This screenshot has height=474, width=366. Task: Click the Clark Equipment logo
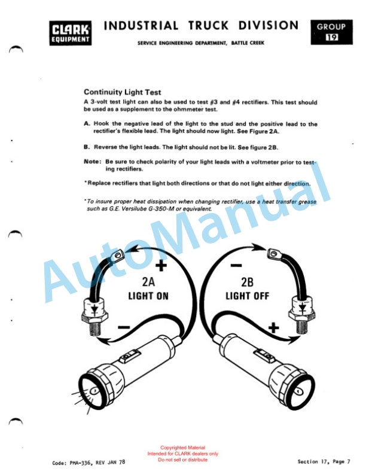(71, 33)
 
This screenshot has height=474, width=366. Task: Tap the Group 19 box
(331, 32)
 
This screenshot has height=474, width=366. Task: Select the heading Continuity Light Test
(123, 92)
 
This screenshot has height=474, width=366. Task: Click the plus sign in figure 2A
(161, 266)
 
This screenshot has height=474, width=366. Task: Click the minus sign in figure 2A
(124, 327)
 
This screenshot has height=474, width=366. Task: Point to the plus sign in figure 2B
(273, 328)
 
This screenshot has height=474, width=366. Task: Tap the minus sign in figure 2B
(236, 266)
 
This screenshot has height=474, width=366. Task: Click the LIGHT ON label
(148, 296)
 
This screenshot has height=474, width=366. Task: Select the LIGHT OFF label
(248, 296)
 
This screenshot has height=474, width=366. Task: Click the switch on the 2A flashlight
(130, 357)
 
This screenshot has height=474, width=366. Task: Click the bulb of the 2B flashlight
(298, 392)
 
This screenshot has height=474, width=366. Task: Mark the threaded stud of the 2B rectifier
(301, 327)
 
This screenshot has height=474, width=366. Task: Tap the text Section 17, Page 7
(324, 461)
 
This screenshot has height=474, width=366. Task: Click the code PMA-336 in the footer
(80, 463)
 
